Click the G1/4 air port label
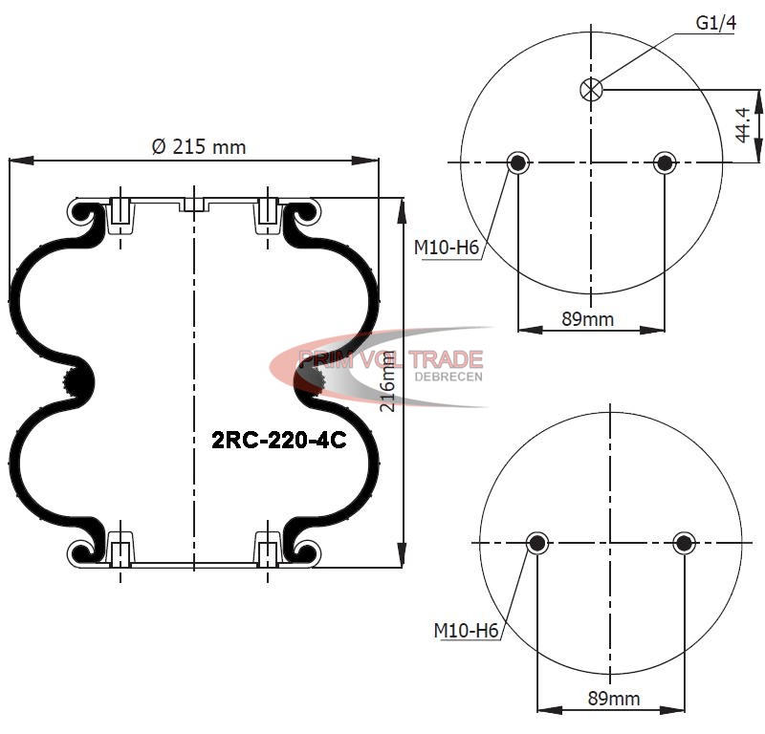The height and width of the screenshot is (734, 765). pos(715,23)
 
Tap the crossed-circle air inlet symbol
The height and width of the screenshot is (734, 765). pos(591,90)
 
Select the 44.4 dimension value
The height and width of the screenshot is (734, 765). pos(743,125)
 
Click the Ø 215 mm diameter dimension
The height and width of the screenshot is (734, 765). pos(199,147)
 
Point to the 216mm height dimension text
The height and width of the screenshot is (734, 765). pos(388,382)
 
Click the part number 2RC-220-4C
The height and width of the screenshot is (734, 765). pos(279,441)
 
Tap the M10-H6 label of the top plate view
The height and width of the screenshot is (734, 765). pos(447,248)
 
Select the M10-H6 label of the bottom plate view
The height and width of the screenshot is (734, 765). pos(466,631)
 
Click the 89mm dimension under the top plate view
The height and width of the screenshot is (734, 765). pos(588,319)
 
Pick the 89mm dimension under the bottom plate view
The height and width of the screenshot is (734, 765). pos(614,699)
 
